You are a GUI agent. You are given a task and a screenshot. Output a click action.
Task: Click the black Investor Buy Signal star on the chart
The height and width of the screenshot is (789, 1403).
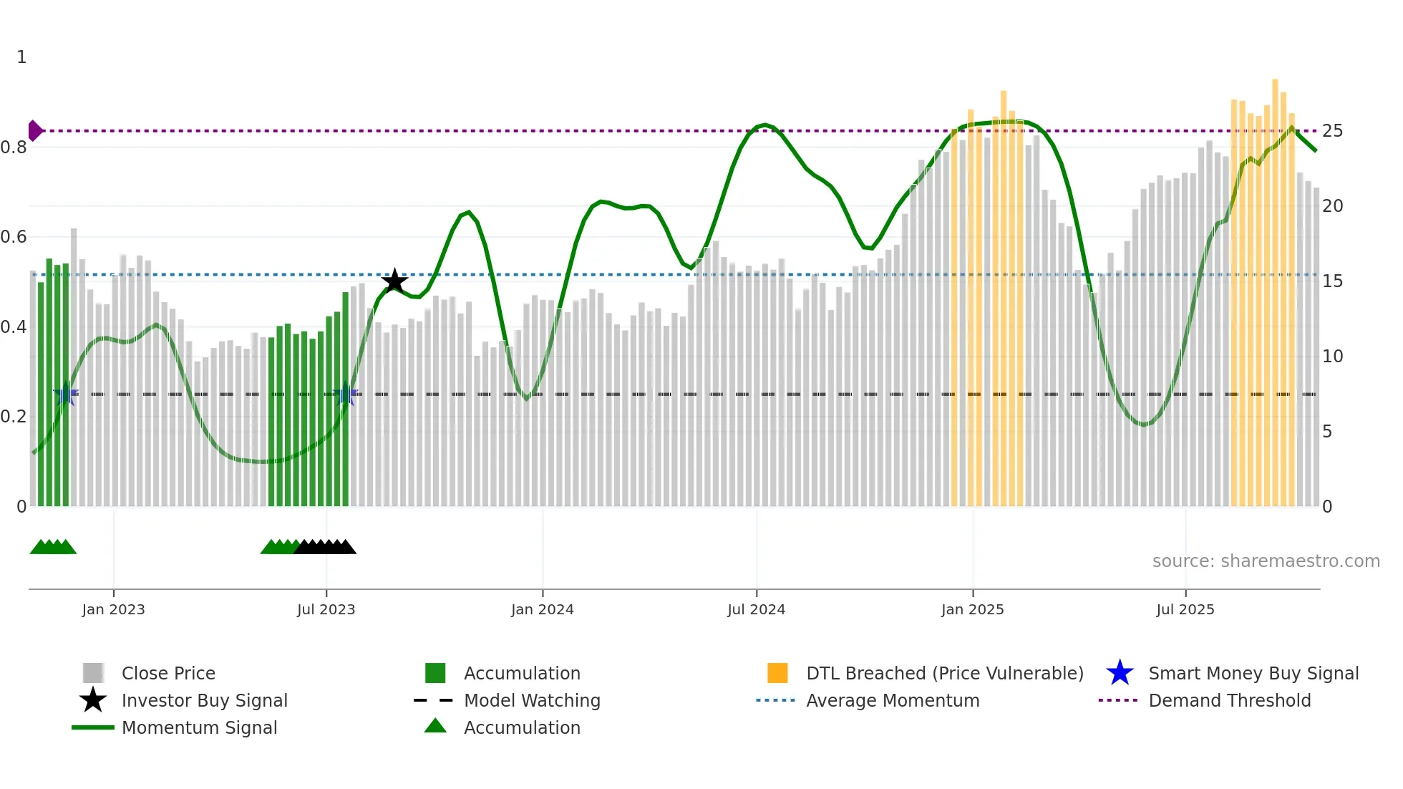[x=394, y=281]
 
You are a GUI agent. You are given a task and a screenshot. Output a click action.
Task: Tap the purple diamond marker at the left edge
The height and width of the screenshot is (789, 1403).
[x=34, y=131]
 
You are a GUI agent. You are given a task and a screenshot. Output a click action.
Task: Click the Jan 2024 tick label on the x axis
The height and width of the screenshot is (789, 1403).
[x=542, y=609]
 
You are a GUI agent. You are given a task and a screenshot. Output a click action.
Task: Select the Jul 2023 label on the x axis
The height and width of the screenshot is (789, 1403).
[x=326, y=609]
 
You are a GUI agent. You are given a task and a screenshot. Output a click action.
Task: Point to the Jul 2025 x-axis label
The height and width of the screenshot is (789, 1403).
[x=1185, y=609]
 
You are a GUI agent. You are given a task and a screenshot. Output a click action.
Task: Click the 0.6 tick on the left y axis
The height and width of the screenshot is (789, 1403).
[x=14, y=237]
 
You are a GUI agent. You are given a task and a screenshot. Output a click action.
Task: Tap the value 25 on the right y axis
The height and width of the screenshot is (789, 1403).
[x=1332, y=131]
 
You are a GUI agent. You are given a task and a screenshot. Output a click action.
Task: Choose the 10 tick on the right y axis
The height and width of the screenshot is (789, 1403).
[x=1332, y=357]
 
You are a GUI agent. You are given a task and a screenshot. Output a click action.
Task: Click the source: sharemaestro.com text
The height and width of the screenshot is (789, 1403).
[x=1266, y=561]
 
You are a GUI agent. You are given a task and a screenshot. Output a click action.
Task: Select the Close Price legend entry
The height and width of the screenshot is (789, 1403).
[x=168, y=674]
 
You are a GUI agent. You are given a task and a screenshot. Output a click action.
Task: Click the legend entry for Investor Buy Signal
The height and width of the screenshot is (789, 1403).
[x=204, y=701]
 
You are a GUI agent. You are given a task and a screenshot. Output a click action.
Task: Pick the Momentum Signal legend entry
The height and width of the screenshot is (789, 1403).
[x=199, y=728]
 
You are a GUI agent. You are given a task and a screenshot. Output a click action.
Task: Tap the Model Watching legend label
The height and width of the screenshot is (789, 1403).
[x=532, y=701]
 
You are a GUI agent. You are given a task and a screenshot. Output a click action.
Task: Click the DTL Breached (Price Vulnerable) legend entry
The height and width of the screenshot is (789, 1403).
[x=944, y=674]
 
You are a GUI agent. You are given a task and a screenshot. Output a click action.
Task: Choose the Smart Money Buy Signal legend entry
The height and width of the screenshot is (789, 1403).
[x=1253, y=674]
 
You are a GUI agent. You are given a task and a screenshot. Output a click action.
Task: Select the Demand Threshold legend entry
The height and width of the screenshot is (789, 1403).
[x=1229, y=701]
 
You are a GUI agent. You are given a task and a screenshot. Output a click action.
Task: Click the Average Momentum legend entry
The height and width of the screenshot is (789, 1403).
[x=892, y=701]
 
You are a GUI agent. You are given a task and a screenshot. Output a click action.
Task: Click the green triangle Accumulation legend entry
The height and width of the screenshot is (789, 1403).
[x=522, y=728]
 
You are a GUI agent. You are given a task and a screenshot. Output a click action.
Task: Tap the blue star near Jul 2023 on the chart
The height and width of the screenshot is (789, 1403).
[x=346, y=394]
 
